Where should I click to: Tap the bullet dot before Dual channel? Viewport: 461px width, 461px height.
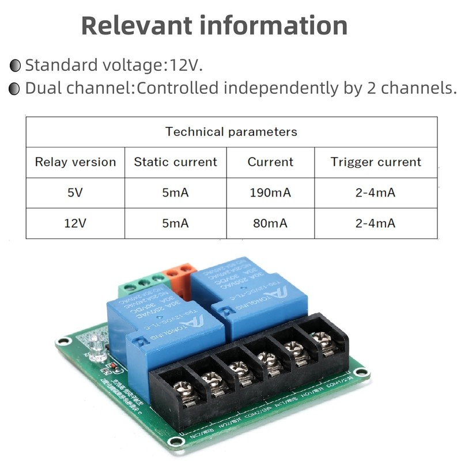16,89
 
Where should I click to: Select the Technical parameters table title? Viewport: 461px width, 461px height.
231,131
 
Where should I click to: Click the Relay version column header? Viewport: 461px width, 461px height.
75,162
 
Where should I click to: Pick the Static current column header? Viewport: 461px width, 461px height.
175,162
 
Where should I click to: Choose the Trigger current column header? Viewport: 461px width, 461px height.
376,162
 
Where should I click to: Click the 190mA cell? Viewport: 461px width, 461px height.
270,192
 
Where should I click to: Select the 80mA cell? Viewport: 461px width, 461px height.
270,223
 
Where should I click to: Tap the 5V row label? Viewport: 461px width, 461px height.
75,192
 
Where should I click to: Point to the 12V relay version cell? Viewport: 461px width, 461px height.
75,223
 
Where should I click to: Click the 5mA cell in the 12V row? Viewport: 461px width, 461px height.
175,223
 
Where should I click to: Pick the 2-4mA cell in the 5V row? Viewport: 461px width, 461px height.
376,192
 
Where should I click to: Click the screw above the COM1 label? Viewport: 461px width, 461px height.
326,341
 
